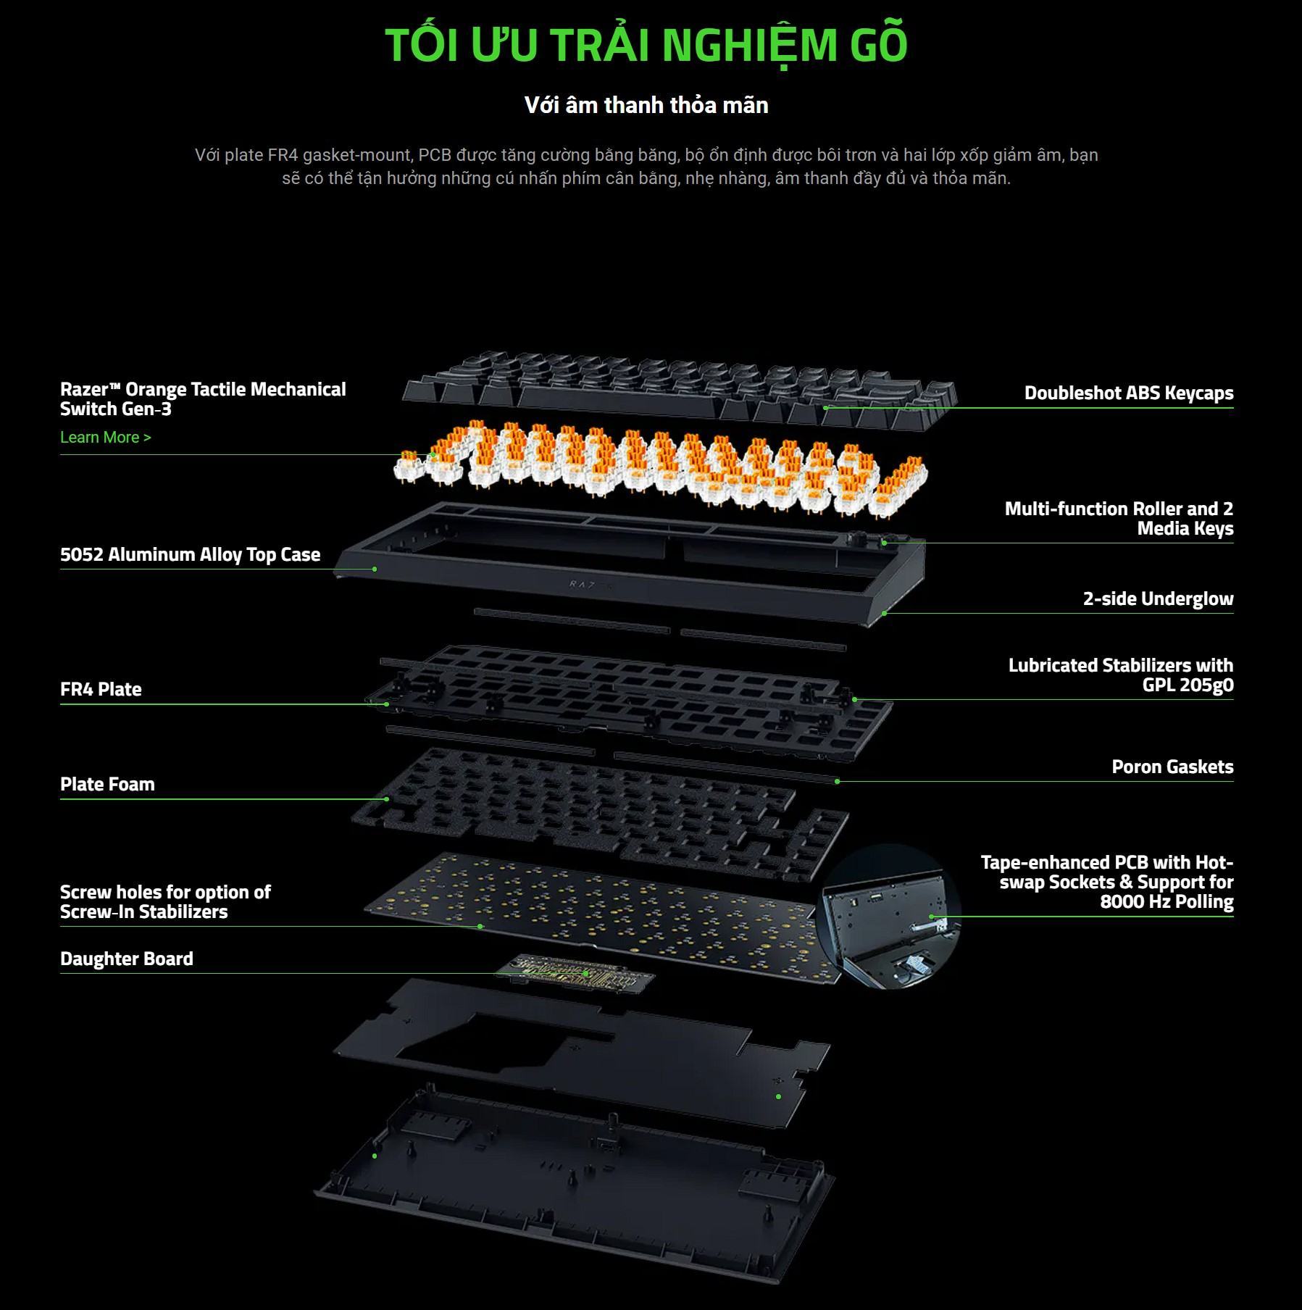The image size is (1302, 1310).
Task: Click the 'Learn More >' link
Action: coord(106,437)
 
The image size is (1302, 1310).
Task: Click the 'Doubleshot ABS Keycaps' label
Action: coord(1128,393)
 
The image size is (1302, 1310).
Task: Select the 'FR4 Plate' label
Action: coord(101,689)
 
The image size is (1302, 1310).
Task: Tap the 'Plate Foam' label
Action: coord(107,784)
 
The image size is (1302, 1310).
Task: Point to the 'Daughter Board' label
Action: coord(127,959)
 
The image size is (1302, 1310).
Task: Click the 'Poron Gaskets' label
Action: coord(1172,767)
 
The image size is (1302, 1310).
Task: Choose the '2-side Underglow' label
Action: coord(1158,598)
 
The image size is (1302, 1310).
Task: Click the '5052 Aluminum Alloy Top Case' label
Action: coord(190,554)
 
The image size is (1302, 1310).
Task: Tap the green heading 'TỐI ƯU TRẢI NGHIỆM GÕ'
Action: coord(646,45)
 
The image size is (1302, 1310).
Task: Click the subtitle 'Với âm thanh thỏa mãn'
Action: coord(646,105)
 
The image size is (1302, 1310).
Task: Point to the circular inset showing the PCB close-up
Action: coord(889,916)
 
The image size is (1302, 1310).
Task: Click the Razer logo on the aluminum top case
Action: coord(591,584)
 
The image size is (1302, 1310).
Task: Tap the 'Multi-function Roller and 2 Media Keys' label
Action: coord(1119,518)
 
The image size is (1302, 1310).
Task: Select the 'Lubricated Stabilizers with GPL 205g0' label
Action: coord(1120,675)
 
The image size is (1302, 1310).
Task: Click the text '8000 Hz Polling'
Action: coord(1166,902)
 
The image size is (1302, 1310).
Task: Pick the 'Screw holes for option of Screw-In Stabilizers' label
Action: coord(165,901)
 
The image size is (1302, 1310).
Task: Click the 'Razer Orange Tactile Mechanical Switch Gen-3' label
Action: coord(203,399)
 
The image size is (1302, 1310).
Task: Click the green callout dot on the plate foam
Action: coord(387,799)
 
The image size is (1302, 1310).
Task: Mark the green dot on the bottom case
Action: coord(375,1155)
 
